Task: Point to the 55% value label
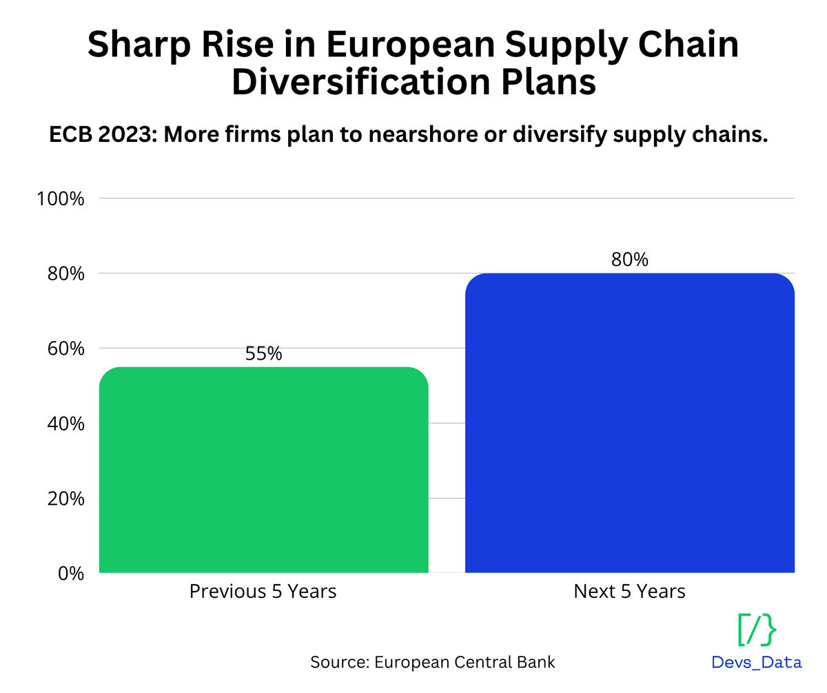point(263,353)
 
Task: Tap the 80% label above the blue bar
point(629,260)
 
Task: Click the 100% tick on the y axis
point(61,199)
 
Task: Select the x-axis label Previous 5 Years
point(263,591)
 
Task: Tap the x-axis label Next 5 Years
point(629,591)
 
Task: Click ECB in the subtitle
point(70,136)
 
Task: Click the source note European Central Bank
point(465,662)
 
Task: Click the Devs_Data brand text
point(757,663)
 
